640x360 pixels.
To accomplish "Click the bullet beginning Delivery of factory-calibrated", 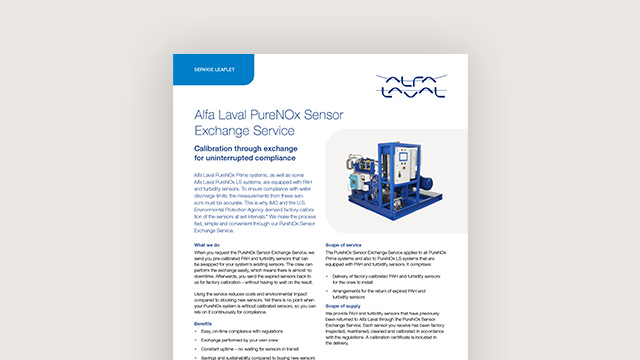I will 409,274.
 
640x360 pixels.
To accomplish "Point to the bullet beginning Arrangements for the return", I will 409,290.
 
